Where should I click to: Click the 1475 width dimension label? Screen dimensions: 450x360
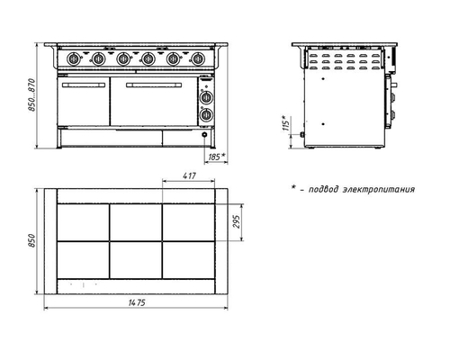point(137,302)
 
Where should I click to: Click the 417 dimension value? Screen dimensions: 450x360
point(189,175)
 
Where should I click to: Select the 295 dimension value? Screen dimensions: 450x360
point(237,221)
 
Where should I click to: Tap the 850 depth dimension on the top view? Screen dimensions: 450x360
point(31,241)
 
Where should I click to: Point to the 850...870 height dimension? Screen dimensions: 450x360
point(31,95)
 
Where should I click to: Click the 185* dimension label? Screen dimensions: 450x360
point(217,157)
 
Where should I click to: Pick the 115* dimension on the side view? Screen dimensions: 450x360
point(286,122)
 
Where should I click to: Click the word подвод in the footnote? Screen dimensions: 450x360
point(324,190)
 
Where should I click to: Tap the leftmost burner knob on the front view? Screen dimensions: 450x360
point(73,58)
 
